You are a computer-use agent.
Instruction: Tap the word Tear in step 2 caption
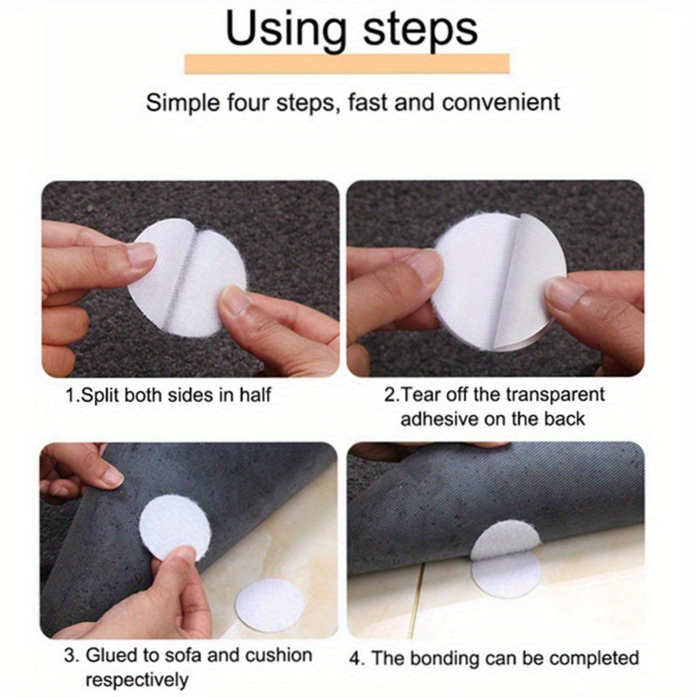(422, 394)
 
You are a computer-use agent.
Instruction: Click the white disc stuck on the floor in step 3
(269, 601)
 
